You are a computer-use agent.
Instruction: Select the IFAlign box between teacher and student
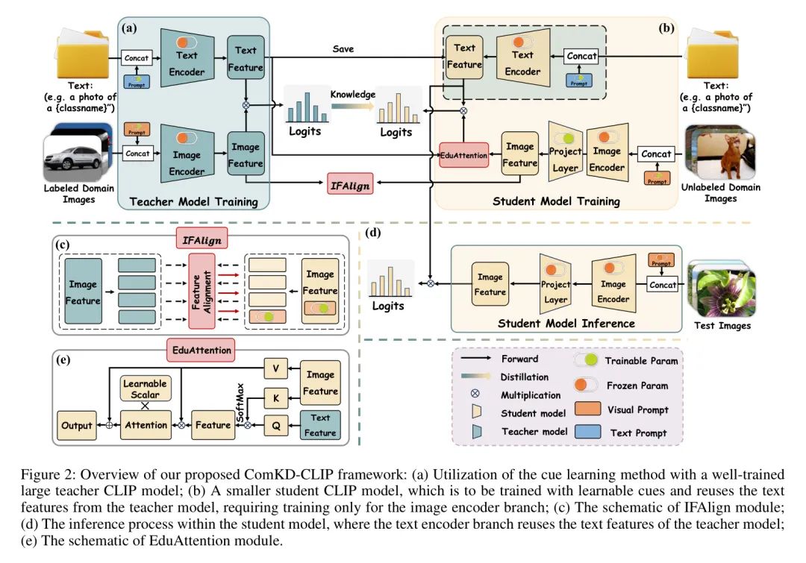(x=350, y=183)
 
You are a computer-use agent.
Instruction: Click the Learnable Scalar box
(x=146, y=389)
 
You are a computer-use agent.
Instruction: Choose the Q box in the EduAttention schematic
(x=275, y=425)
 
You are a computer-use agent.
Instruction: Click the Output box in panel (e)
(x=76, y=425)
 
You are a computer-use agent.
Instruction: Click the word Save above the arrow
(x=343, y=49)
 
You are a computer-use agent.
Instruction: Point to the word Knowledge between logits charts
(x=352, y=95)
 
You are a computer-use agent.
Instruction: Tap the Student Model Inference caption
(x=566, y=323)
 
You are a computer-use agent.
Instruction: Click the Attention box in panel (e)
(x=146, y=425)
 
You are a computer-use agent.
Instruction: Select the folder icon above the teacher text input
(x=78, y=55)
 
